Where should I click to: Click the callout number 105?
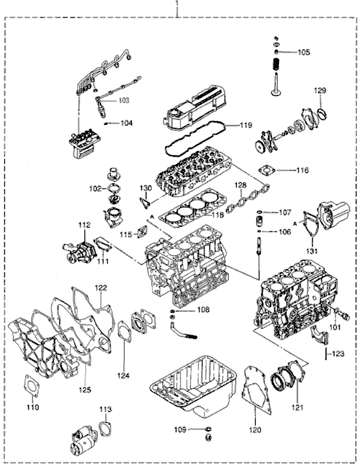304,52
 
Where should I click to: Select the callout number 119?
246,125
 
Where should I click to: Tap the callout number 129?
321,91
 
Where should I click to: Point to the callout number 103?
124,99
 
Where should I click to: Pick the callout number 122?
100,287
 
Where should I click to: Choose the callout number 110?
32,407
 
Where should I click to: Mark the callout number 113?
105,409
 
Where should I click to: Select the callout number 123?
338,353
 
